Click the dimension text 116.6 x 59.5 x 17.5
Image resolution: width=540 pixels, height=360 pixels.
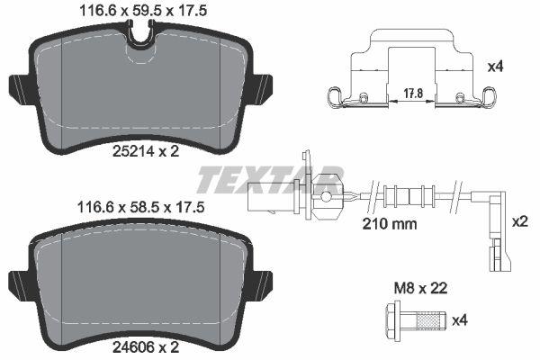[137, 12]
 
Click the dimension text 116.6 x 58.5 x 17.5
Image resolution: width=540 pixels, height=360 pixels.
[137, 206]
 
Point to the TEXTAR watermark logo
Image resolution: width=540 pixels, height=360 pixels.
[270, 177]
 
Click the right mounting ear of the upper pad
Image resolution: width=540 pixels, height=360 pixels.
[264, 88]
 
